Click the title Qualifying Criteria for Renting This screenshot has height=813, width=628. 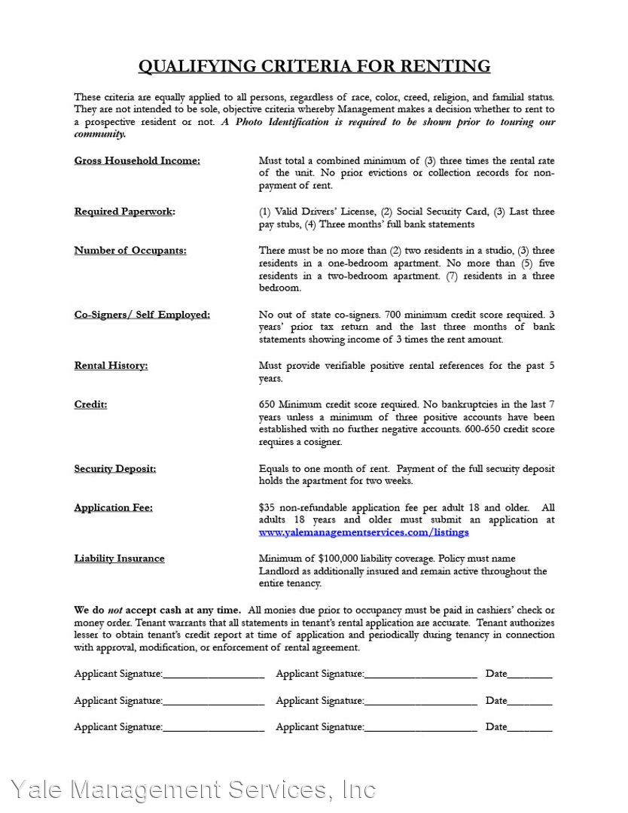coord(314,66)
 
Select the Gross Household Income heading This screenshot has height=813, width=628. coord(137,160)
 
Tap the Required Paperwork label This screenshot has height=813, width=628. coord(124,212)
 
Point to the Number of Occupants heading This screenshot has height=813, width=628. coord(130,251)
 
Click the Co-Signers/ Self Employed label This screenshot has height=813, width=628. coord(142,315)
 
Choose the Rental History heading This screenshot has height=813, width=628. coord(111,366)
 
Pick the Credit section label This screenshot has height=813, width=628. coord(90,405)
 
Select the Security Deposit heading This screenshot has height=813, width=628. coord(115,469)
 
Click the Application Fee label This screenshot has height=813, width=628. coord(113,508)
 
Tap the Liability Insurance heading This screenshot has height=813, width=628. coord(119,559)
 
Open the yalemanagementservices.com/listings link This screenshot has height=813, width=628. coord(364,532)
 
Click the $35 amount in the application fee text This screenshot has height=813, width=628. coord(266,508)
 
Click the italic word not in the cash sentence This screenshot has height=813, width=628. coord(114,611)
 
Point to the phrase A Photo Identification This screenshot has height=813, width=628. coord(265,122)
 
